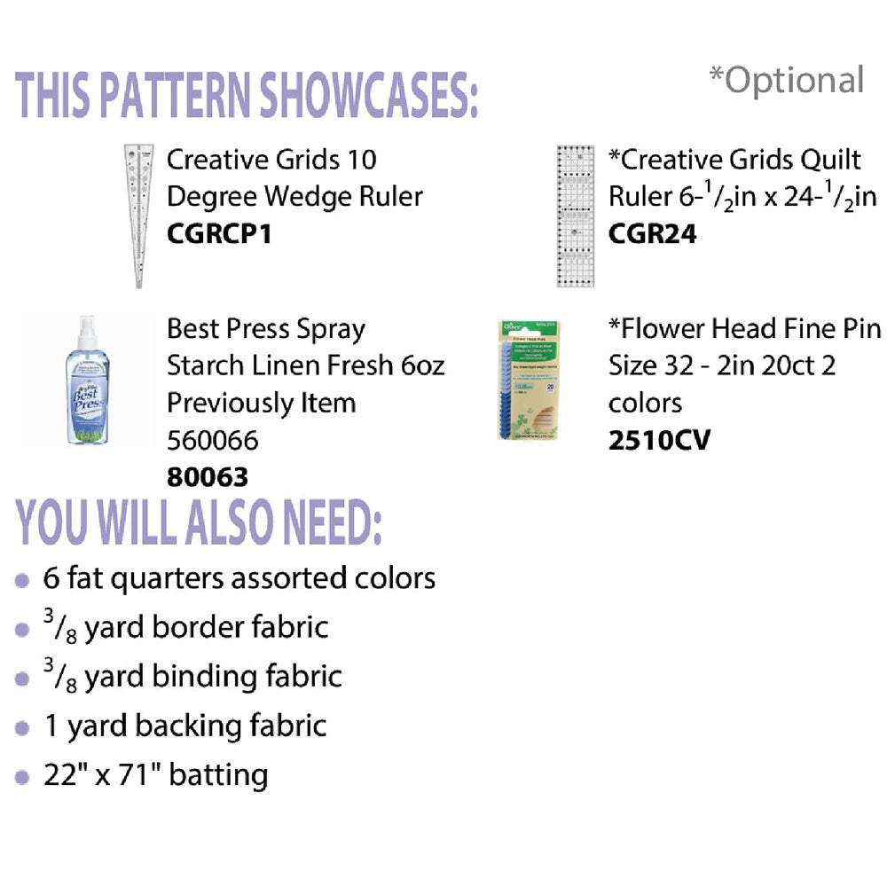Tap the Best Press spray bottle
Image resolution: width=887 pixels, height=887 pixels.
(x=88, y=381)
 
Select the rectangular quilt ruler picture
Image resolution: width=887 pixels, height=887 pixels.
(x=576, y=216)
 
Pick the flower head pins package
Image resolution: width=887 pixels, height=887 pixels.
(x=529, y=381)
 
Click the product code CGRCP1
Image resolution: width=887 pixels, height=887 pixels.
(x=219, y=233)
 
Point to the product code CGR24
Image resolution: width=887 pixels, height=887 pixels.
(x=652, y=233)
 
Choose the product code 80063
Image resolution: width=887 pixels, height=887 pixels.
(x=208, y=477)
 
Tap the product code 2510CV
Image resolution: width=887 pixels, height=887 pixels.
(x=659, y=440)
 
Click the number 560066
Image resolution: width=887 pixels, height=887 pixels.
(x=213, y=440)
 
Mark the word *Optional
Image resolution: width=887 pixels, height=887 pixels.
(x=787, y=80)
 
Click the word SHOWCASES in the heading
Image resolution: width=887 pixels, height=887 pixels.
(x=369, y=95)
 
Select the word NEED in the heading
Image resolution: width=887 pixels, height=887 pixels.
(x=332, y=522)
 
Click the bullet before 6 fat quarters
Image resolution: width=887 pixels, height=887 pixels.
(x=22, y=580)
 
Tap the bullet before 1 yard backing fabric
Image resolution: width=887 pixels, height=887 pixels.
(x=22, y=728)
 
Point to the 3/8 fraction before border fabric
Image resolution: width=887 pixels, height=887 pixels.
(x=60, y=627)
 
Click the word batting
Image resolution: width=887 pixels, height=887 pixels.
(x=218, y=775)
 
